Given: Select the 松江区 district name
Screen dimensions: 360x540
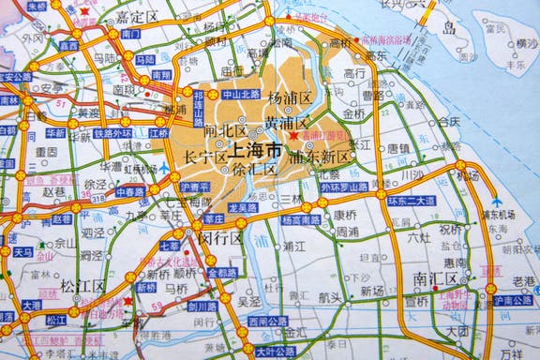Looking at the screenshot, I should (81, 285).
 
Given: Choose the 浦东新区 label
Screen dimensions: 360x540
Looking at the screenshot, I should (320, 157).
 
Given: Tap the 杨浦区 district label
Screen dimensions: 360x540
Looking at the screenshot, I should (288, 97).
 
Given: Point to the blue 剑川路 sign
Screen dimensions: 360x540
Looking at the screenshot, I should (202, 306).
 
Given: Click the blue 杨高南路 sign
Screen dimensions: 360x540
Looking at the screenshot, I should (300, 220).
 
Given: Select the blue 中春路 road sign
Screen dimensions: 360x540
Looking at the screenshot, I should (130, 190).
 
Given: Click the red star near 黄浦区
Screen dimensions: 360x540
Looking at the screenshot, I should (293, 137).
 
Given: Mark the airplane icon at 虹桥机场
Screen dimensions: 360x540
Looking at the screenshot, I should (165, 170).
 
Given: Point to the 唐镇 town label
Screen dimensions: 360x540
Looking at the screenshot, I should (397, 147).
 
